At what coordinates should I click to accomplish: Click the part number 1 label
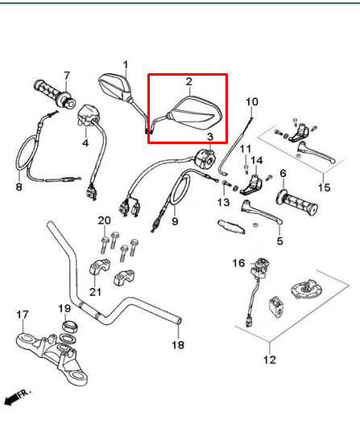[126, 65]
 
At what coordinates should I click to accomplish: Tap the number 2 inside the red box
[189, 82]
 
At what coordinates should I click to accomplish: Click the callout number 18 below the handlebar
[178, 345]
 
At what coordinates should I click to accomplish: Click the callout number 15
[323, 187]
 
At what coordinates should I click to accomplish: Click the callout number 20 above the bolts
[104, 220]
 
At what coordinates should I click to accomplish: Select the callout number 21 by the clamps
[95, 291]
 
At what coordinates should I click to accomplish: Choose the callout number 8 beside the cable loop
[19, 187]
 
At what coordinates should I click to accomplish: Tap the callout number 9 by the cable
[175, 220]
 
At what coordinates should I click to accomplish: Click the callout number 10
[251, 102]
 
